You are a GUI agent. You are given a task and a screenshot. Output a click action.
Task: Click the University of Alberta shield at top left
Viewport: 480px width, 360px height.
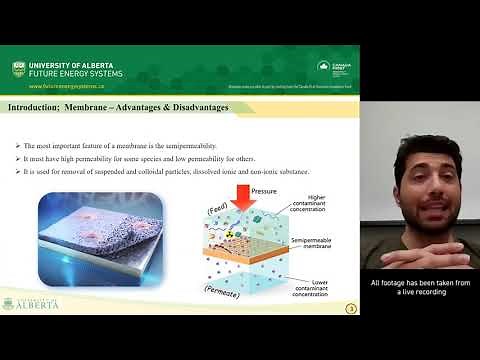[x=18, y=68]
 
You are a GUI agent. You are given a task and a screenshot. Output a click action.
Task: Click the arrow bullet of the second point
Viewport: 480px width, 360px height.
[x=18, y=147]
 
